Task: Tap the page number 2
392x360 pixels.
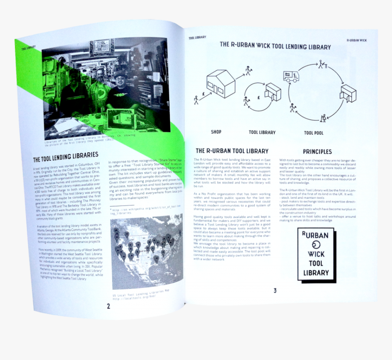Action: coord(108,306)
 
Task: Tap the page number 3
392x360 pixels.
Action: coord(275,290)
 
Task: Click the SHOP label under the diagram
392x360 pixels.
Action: coord(216,132)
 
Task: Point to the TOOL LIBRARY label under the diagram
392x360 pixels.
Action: coord(262,133)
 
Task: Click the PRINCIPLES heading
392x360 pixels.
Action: coord(317,151)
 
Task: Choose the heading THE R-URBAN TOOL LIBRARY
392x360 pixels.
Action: coord(232,151)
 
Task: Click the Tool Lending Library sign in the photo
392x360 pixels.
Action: coord(102,48)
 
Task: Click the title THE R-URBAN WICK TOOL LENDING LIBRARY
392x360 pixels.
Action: coord(275,46)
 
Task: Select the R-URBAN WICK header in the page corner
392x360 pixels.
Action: coord(356,40)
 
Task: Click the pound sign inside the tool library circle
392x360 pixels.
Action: coord(258,98)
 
